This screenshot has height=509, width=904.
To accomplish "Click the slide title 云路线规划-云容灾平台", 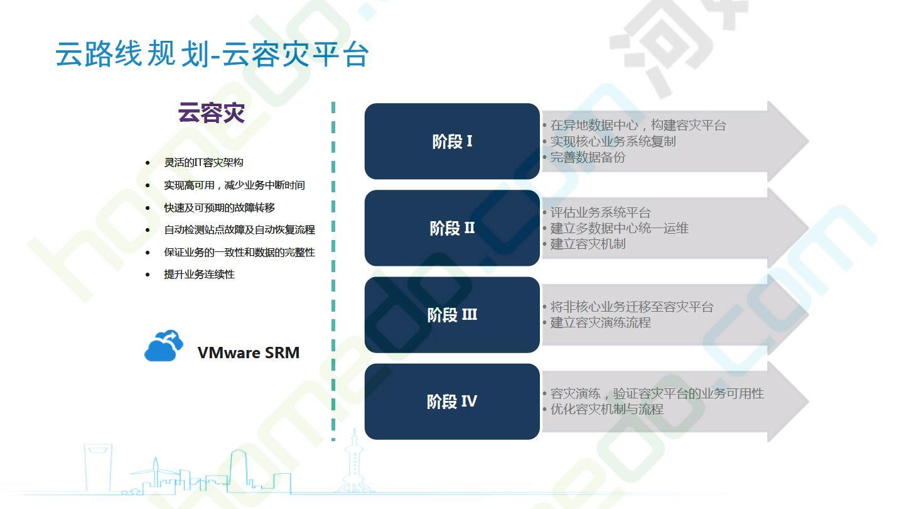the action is coord(212,54).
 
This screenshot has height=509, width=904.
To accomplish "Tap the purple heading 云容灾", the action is coord(212,112).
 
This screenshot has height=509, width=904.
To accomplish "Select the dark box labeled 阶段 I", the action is coord(452,141).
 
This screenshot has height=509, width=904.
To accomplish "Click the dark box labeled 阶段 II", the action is coord(452,228).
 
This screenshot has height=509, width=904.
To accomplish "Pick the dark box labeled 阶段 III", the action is coord(452,315).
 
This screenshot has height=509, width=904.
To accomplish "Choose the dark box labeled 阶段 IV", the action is coord(452,402).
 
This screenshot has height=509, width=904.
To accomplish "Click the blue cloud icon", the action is coord(163,346).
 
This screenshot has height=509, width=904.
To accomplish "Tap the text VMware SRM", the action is coord(249,353).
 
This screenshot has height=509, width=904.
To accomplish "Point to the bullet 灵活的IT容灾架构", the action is coord(203,162).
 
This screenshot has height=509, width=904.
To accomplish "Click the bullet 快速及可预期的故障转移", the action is coord(219,207).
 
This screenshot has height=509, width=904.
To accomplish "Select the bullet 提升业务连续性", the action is coord(199,274).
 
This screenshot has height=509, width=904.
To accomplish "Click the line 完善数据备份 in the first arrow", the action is coord(588,157).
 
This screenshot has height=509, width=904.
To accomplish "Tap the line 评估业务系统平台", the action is coord(601,212).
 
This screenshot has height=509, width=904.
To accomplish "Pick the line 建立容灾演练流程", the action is coord(601,322).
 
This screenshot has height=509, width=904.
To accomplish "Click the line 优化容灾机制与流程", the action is coord(606,409).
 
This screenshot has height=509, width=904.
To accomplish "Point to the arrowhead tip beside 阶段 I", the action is coord(809,141).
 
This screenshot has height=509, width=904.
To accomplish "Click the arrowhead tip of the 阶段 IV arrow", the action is coord(809,402).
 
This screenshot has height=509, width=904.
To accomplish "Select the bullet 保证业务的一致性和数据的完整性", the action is coord(239,252).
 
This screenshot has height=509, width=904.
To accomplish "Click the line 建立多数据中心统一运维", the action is coord(620,228).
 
